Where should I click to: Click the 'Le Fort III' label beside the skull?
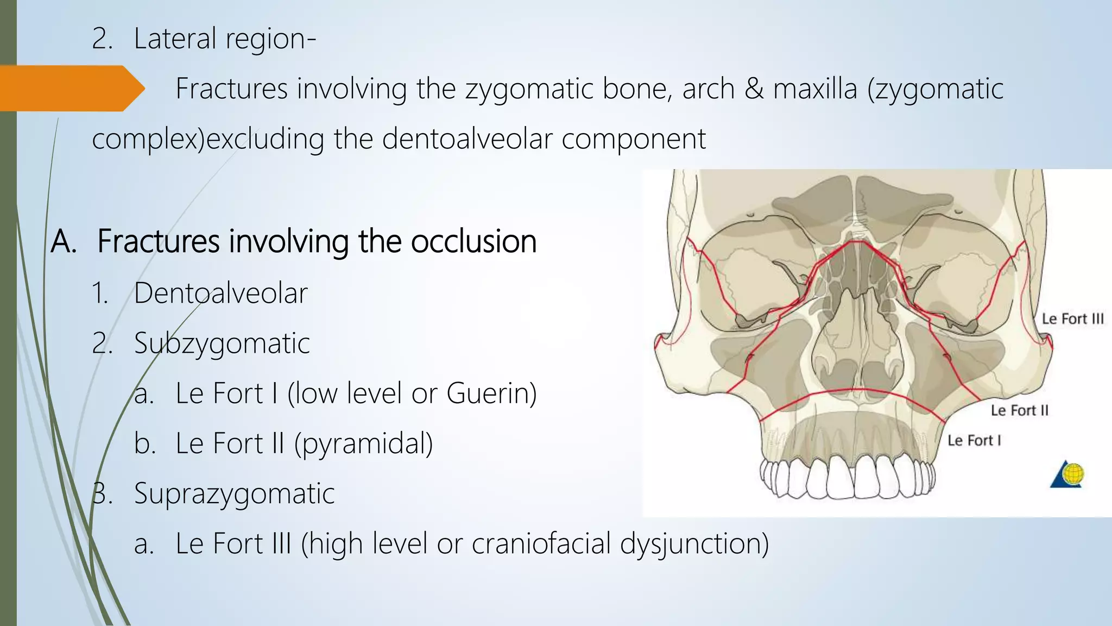[x=1072, y=319]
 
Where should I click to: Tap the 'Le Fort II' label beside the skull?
[x=1019, y=410]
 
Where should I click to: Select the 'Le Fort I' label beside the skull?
[x=974, y=440]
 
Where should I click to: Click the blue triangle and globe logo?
[x=1066, y=474]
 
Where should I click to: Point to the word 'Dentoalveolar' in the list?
[x=220, y=293]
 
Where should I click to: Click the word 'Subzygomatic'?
[x=222, y=343]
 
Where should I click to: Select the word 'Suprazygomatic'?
[x=234, y=493]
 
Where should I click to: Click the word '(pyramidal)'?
[x=363, y=443]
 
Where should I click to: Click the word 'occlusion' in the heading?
[x=473, y=241]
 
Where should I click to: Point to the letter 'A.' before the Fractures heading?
[x=64, y=241]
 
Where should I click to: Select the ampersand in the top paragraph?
[x=754, y=89]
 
